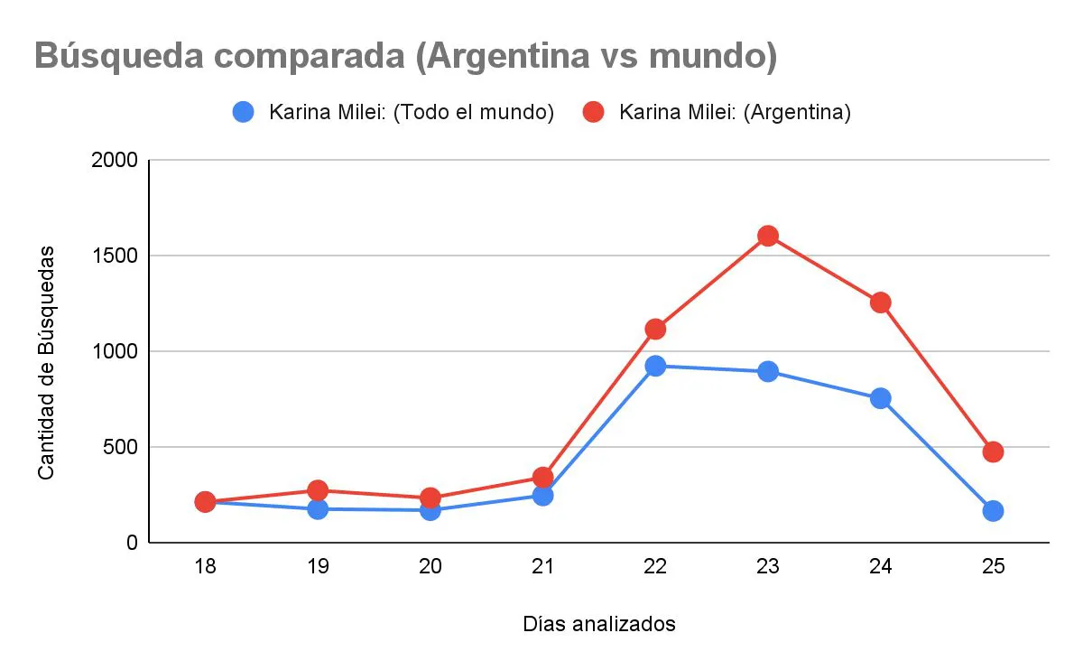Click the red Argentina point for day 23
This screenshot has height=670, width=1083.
coord(768,236)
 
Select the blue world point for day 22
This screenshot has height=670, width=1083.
coord(655,366)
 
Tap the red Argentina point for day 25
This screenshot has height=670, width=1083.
coord(993,451)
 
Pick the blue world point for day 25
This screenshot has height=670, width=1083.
coord(993,511)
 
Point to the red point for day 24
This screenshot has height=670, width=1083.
coord(880,302)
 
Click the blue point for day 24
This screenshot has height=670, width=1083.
coord(880,398)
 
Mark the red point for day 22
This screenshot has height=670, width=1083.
coord(655,329)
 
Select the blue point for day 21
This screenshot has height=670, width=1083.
coord(542,495)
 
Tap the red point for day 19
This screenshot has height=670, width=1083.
coord(318,490)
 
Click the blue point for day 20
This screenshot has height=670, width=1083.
coord(430,510)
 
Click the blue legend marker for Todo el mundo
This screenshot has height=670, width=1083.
coord(243,112)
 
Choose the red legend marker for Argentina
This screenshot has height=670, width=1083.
coord(593,112)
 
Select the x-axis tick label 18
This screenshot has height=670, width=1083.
coord(205,567)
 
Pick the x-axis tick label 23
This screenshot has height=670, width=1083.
coord(768,567)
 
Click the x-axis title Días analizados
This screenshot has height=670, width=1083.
coord(598,624)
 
